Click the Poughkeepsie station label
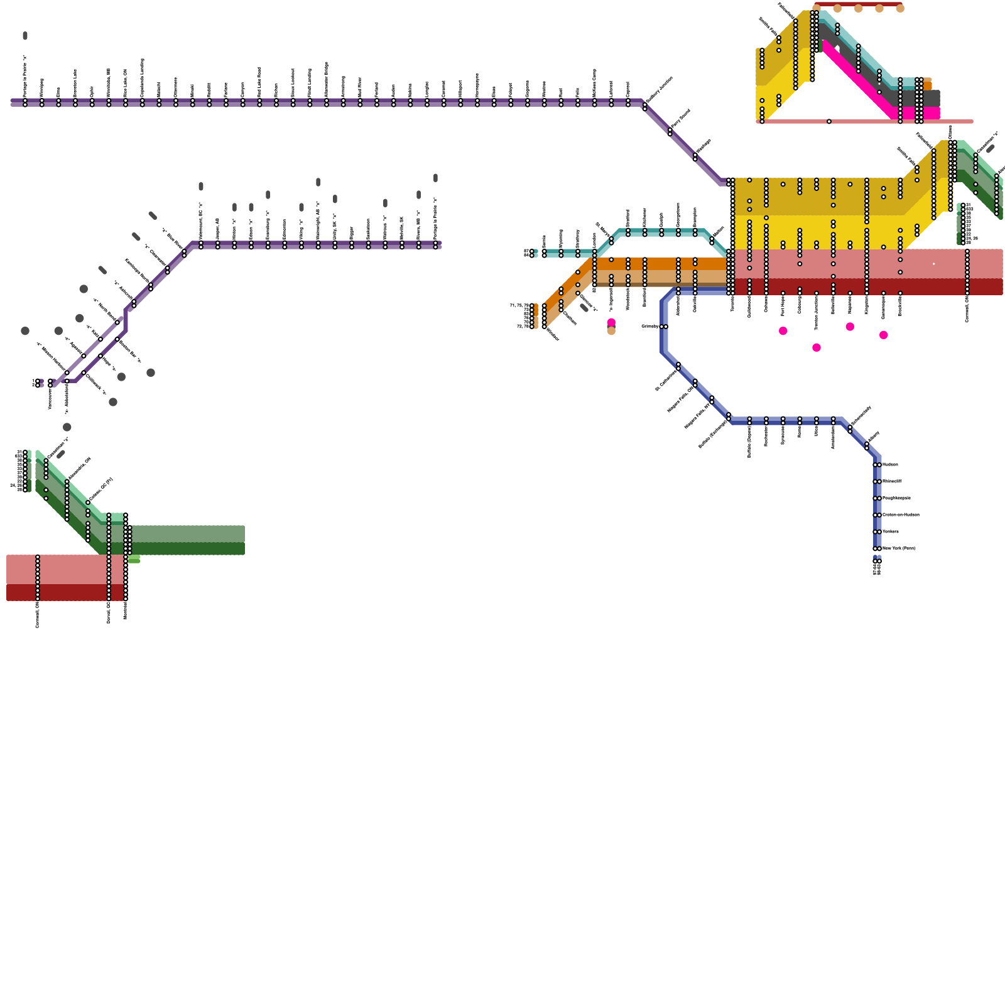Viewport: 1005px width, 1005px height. pos(896,498)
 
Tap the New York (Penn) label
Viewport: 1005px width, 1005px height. pos(899,548)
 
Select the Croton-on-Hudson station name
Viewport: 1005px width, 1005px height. pos(901,515)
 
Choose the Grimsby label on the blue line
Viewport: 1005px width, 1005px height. pos(650,327)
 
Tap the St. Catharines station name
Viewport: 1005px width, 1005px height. pos(666,379)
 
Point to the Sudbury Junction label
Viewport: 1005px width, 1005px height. pos(660,90)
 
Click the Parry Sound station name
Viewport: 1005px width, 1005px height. pos(681,119)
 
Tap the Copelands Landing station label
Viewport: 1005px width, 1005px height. pos(143,77)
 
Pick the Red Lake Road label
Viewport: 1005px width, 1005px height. pos(259,81)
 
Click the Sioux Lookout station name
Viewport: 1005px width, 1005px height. pos(293,82)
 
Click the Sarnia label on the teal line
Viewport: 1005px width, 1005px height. pos(545,242)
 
